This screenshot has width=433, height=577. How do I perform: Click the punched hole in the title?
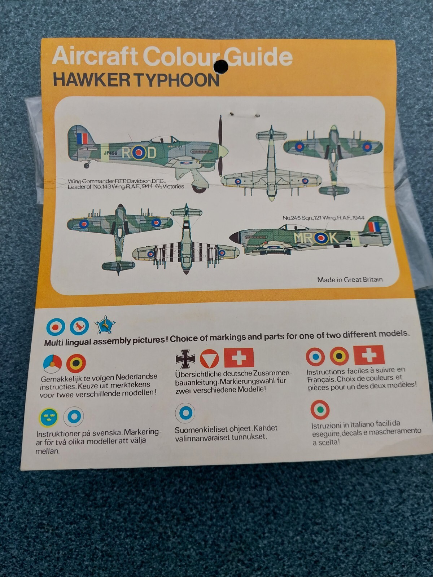pos(220,65)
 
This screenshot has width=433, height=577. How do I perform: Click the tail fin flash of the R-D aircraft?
pos(82,138)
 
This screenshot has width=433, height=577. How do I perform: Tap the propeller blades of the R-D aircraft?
pos(221,148)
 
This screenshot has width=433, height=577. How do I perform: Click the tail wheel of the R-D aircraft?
pos(87,165)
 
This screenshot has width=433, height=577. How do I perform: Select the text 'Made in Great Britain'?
pos(350,279)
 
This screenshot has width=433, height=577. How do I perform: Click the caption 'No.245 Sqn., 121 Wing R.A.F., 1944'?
pos(323,218)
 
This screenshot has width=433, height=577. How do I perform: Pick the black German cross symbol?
pos(185,358)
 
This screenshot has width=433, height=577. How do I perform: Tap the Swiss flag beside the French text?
pos(369,355)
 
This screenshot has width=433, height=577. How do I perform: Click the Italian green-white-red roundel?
pos(320,410)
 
